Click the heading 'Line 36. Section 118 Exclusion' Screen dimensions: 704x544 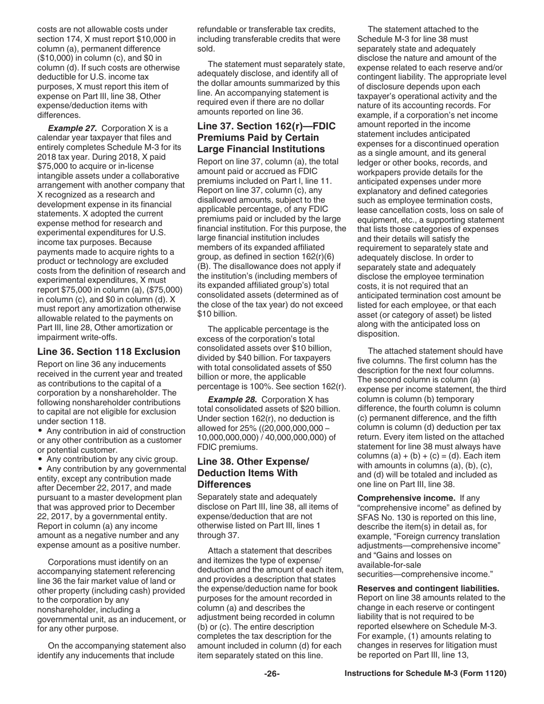pos(109,351)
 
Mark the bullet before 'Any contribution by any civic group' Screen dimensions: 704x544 pos(41,459)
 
